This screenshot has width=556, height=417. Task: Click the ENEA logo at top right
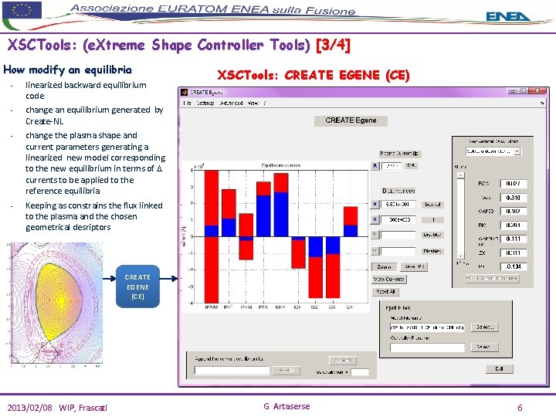click(508, 15)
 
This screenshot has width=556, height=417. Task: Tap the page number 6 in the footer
click(520, 407)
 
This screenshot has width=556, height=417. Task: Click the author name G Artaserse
click(286, 407)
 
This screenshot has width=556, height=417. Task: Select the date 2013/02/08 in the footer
click(32, 408)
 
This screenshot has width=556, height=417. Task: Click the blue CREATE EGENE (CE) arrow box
click(137, 286)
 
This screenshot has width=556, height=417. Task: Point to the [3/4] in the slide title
click(333, 46)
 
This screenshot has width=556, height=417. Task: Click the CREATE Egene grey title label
click(351, 120)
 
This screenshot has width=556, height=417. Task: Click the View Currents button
click(389, 279)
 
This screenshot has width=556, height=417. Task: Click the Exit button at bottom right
click(499, 368)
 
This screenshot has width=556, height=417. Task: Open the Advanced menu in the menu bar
click(231, 103)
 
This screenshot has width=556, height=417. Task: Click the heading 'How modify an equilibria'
click(68, 69)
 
